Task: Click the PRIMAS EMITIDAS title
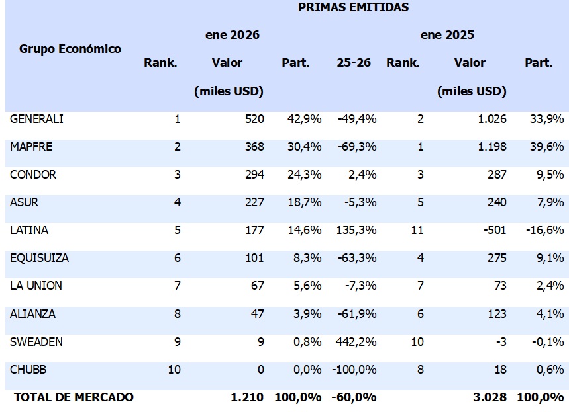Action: click(x=353, y=7)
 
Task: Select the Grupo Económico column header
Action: click(x=70, y=49)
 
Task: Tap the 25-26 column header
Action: click(x=353, y=63)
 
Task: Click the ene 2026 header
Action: click(x=232, y=35)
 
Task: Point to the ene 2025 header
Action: click(x=447, y=35)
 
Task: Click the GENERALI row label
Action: click(x=37, y=119)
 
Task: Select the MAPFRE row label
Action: click(x=31, y=147)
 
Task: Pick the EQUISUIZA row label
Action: click(x=40, y=258)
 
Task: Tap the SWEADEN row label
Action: click(x=36, y=341)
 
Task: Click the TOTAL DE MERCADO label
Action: click(x=74, y=397)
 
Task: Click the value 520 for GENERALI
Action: click(x=253, y=119)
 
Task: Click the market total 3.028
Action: click(x=491, y=397)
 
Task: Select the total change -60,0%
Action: click(x=355, y=397)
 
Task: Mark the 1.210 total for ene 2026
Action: click(x=247, y=397)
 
